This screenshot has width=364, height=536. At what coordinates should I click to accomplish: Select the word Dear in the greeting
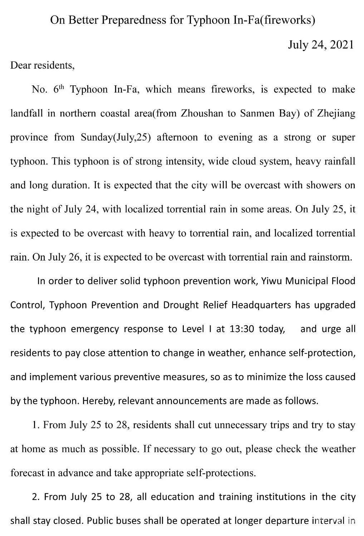(21, 65)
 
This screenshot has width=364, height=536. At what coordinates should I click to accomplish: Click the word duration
(71, 185)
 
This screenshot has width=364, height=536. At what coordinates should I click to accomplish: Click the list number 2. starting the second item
(36, 497)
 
